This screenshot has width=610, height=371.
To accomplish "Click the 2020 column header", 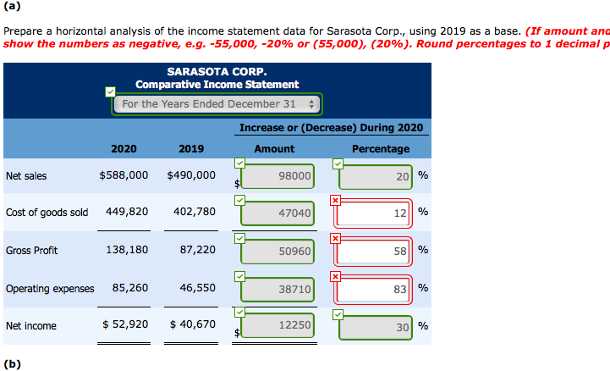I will click(x=124, y=149).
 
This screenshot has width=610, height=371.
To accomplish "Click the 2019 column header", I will click(x=191, y=149).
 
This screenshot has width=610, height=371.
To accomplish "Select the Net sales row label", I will click(x=26, y=176).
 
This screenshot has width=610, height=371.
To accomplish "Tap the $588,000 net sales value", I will click(x=124, y=175).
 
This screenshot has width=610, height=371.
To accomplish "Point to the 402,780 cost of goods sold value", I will click(x=194, y=212).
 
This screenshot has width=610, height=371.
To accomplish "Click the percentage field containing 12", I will click(x=376, y=214).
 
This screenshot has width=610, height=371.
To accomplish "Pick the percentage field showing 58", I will click(x=376, y=252).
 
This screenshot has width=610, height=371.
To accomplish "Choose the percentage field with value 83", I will click(x=376, y=290).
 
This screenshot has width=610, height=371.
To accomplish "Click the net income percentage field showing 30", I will click(x=376, y=326).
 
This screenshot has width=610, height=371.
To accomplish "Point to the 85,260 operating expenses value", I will click(x=130, y=288).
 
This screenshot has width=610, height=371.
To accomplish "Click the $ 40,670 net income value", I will click(x=192, y=324).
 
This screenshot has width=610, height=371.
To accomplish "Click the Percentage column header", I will click(x=381, y=149).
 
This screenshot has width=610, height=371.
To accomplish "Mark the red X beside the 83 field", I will click(x=336, y=275).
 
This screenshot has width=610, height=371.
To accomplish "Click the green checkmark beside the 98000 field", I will click(x=239, y=163).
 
